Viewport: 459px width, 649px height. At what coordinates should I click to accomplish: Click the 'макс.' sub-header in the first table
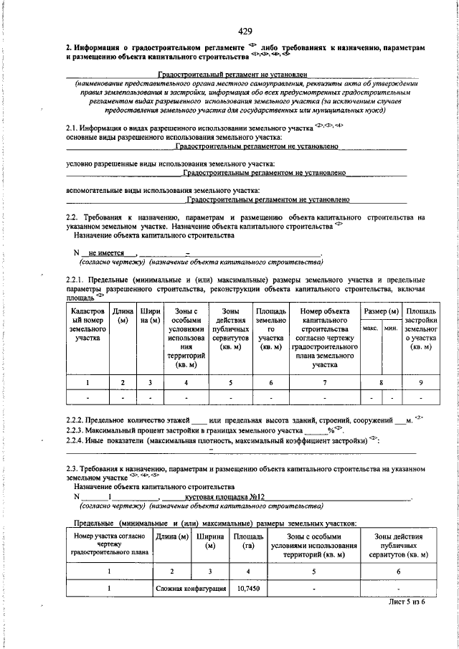[x=371, y=328]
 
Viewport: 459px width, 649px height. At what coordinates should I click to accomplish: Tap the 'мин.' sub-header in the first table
[x=391, y=328]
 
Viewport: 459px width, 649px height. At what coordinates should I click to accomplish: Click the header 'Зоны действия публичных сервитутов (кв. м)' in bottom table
[x=398, y=545]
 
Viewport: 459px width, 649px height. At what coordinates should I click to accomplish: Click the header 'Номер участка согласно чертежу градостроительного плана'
[x=110, y=545]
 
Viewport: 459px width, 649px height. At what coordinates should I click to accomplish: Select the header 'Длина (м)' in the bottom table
[x=172, y=536]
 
